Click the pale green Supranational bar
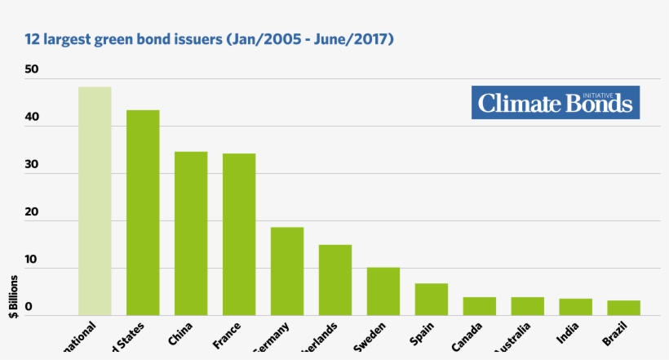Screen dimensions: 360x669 (95, 201)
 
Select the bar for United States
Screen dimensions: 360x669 (143, 212)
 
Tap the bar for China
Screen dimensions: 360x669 (191, 233)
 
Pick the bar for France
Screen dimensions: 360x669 (239, 234)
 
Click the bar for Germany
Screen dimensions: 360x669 (287, 271)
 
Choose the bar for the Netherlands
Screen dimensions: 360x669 (335, 280)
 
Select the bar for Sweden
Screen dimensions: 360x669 (383, 291)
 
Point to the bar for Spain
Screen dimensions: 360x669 (432, 300)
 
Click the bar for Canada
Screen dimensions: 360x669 (480, 306)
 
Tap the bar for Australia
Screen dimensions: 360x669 (528, 306)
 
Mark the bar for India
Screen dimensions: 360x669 (576, 307)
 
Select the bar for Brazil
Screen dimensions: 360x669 (624, 308)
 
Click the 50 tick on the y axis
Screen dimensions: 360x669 (32, 70)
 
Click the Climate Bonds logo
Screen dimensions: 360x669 (555, 103)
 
